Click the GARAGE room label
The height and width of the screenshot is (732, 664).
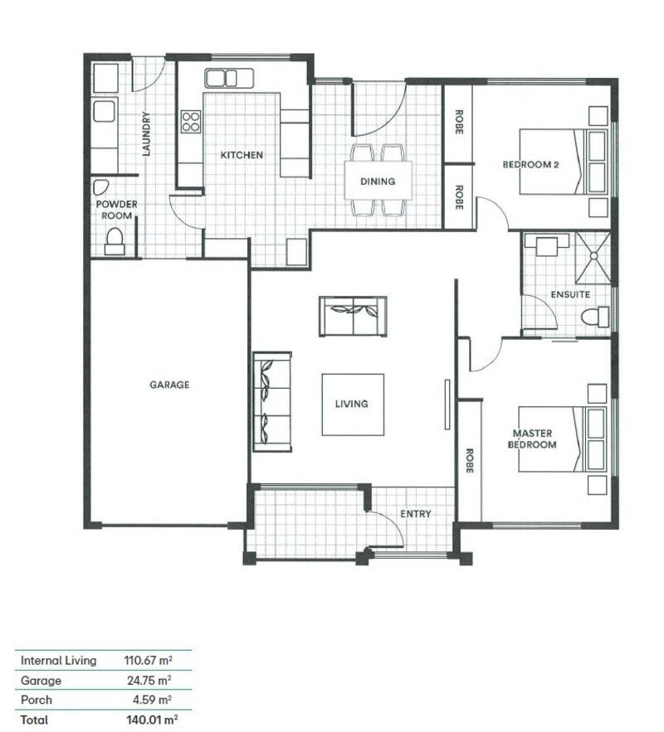pos(169,385)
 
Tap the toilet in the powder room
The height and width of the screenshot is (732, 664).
pos(115,240)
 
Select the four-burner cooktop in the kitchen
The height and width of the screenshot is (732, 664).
pos(190,122)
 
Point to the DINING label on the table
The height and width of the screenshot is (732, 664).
pos(378,182)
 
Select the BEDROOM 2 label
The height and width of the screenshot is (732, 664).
pos(531,165)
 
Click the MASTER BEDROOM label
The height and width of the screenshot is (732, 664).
pos(534,439)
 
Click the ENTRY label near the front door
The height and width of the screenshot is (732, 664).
pos(415,514)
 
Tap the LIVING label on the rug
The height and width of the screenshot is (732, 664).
pos(351,405)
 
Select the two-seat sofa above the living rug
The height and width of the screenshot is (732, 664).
pos(352,316)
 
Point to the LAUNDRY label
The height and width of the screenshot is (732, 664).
pos(146,134)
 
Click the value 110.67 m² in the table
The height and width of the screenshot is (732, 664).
pos(148,661)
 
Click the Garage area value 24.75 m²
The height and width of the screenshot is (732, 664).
pos(153,681)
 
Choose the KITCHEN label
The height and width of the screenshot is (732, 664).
pos(242,155)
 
